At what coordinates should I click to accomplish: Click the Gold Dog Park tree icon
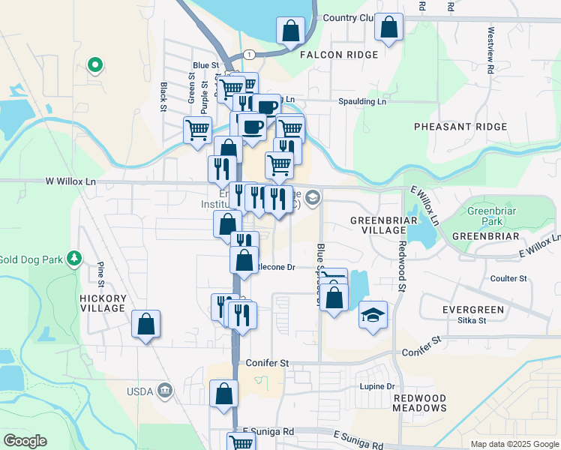coord(74,259)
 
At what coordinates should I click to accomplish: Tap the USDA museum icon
coord(166,391)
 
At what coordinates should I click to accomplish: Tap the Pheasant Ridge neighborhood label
coord(460,127)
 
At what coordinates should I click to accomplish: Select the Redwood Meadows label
coord(419,403)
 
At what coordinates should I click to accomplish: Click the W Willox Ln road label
coord(71,181)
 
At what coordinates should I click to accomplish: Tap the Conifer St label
coord(267,363)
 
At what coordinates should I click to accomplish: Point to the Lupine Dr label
coord(379,386)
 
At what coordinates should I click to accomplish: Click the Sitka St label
coord(472,320)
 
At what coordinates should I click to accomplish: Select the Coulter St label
coord(508,278)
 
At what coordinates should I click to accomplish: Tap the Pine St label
coord(100,274)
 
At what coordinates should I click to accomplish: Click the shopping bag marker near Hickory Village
coord(146,325)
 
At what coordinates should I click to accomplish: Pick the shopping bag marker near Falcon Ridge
coord(290,31)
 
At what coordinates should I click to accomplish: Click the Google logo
coord(25,441)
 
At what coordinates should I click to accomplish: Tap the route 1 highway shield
coord(247,54)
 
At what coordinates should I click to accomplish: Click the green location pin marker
coord(94,65)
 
